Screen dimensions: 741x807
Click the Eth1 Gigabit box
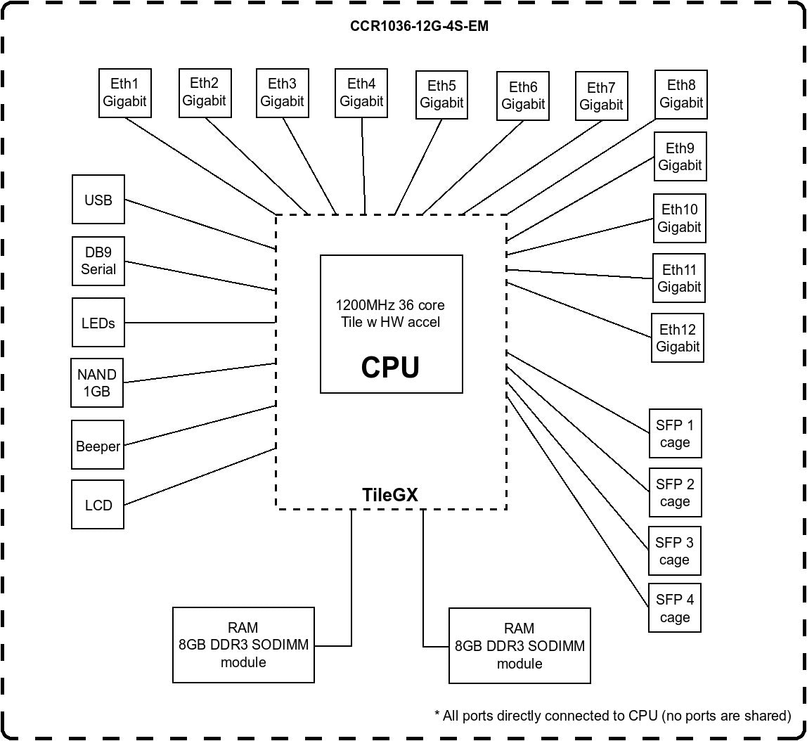124,93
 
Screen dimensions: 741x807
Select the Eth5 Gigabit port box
441,95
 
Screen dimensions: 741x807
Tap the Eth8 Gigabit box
680,94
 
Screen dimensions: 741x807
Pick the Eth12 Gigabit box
678,337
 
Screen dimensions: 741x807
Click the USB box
98,200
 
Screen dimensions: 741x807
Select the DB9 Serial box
98,261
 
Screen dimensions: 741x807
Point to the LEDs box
98,323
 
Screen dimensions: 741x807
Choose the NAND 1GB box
97,382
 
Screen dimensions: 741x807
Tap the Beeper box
98,445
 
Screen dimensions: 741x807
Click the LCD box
98,505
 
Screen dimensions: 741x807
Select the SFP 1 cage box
675,434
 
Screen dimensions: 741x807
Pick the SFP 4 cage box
674,608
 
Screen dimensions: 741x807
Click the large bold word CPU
390,368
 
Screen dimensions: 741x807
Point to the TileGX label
389,495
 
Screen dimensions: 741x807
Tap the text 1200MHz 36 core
390,305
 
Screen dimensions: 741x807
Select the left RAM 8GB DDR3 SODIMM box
243,645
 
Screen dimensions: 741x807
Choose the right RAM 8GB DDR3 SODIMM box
519,646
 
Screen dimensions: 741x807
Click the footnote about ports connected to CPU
612,716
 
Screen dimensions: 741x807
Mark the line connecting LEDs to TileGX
200,323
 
